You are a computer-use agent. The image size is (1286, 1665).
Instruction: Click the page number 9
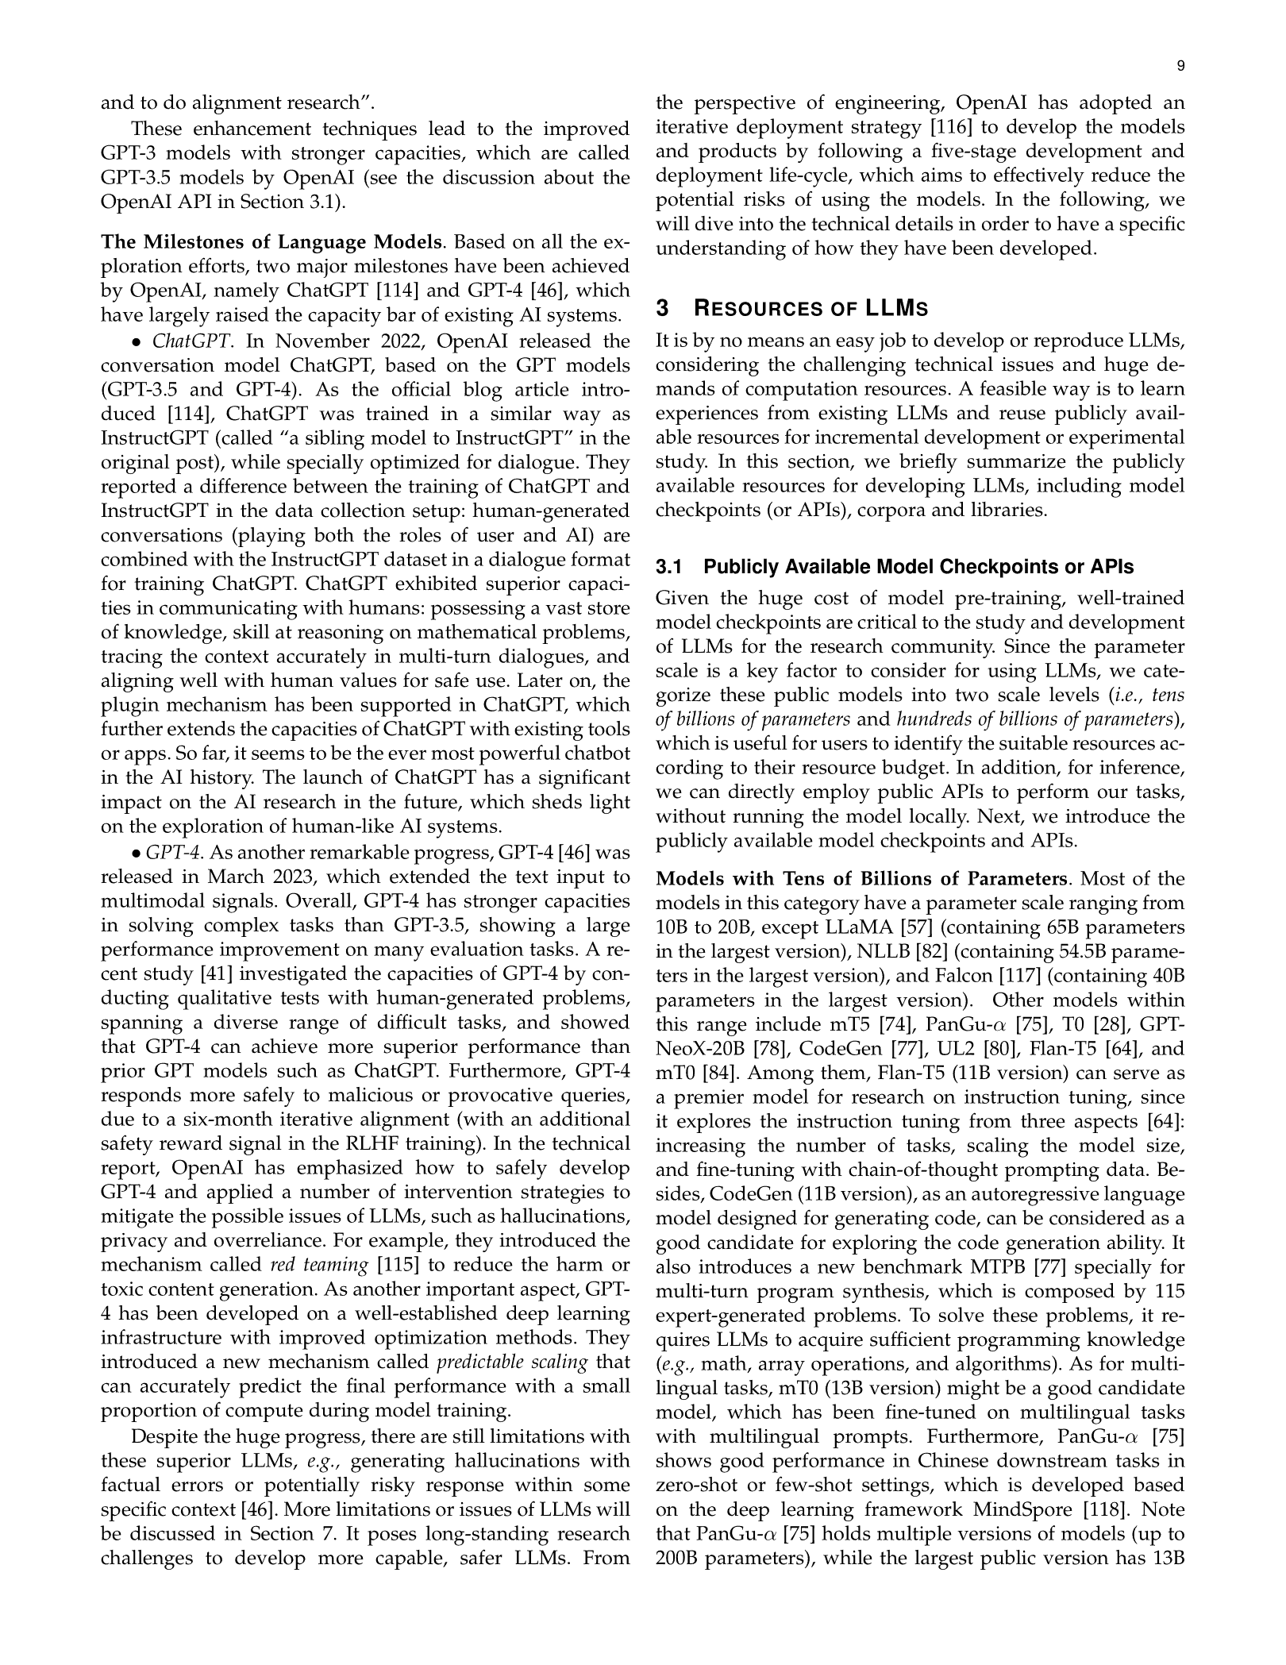pyautogui.click(x=1180, y=67)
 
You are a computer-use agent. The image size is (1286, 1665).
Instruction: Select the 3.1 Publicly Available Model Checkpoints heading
pyautogui.click(x=895, y=567)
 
